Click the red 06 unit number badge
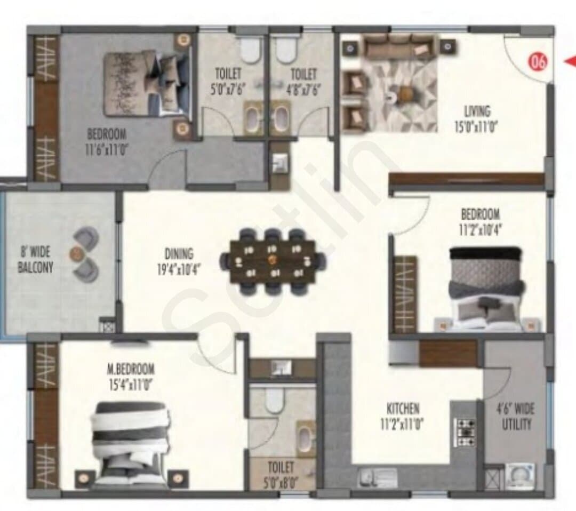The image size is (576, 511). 538,62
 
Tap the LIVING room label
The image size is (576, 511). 477,111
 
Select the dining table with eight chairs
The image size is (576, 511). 273,261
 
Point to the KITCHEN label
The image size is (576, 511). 403,409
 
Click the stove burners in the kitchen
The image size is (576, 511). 465,432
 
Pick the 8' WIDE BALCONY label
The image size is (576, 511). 36,260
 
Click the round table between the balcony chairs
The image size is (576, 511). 76,252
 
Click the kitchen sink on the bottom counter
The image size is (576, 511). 377,476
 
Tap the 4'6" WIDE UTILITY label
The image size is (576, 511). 516,416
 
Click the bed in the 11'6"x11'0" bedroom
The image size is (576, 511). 147,84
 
